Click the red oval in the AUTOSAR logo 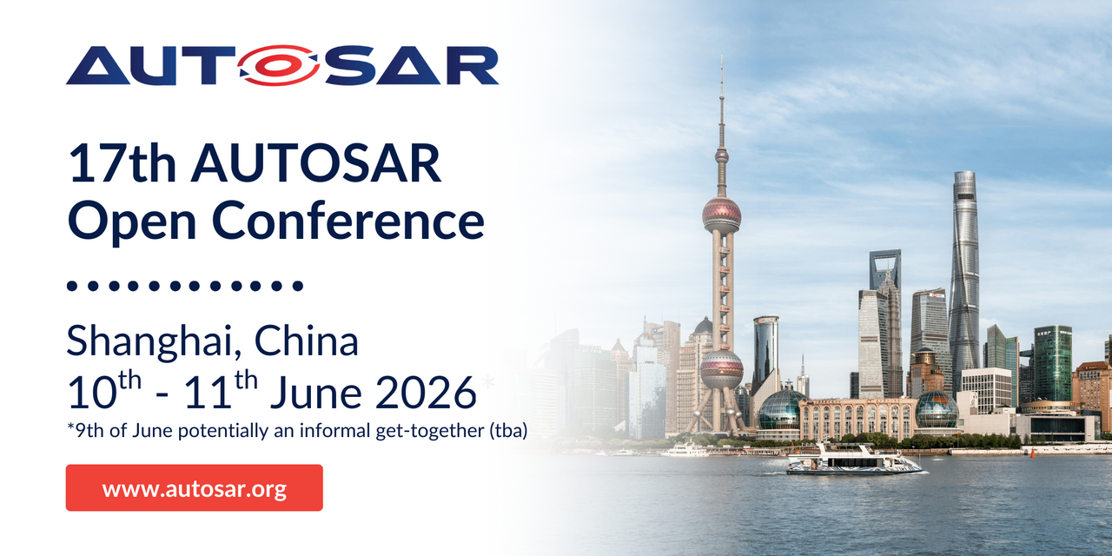(x=279, y=65)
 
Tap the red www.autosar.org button (x=194, y=488)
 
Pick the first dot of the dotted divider (x=72, y=285)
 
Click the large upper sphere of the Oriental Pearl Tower (x=722, y=213)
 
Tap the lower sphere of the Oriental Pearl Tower (x=722, y=369)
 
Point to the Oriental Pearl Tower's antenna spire (x=721, y=96)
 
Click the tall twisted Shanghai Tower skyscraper (x=964, y=278)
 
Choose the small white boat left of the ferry (x=685, y=450)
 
